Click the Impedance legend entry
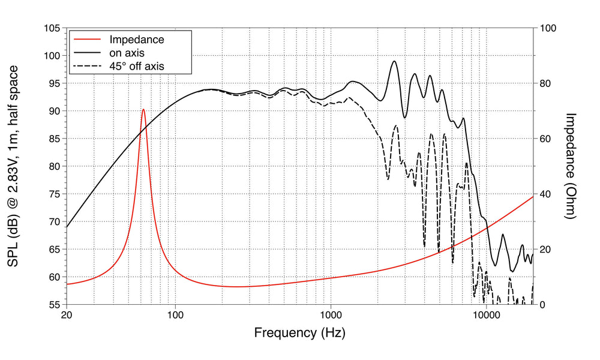tap(137, 40)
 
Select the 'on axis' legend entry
tap(127, 53)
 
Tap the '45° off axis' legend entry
tap(137, 65)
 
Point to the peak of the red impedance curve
tap(143, 109)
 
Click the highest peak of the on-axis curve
tap(394, 61)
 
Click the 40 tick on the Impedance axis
tap(546, 194)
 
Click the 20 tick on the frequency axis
tap(67, 314)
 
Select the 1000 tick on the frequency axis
tap(331, 314)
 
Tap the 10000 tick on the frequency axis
tap(486, 314)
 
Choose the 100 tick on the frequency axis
tap(175, 314)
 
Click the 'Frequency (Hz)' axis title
tap(299, 332)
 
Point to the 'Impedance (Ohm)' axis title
tap(571, 166)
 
